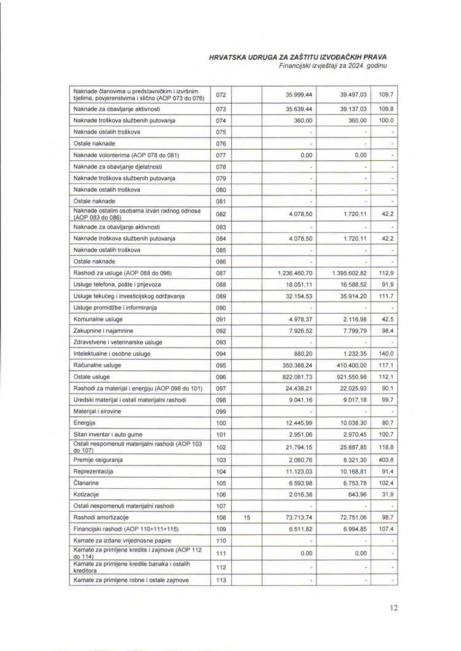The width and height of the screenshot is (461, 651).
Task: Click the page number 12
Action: [x=394, y=608]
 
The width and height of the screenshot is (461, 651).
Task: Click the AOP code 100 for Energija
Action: [x=221, y=423]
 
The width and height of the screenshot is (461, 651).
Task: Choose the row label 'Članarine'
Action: [x=88, y=483]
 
